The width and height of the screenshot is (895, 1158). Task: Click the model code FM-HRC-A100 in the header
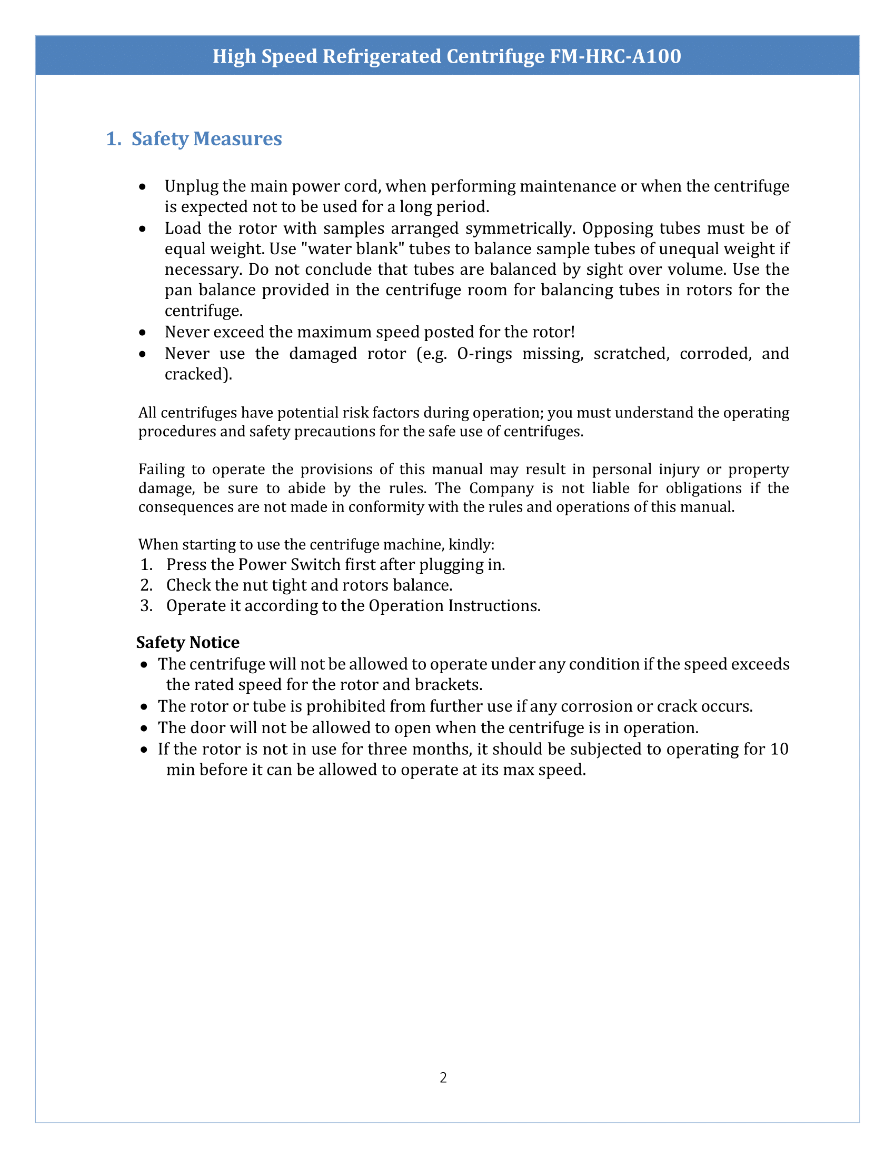(x=615, y=56)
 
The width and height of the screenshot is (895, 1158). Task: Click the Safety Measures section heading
(x=206, y=138)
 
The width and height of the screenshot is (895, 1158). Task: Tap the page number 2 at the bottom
(x=443, y=1077)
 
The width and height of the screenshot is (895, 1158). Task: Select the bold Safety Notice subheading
(x=188, y=642)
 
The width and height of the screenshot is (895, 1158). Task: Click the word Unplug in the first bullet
(x=191, y=186)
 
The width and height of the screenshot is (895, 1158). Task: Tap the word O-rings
(x=484, y=353)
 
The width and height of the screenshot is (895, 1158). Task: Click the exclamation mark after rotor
(x=573, y=332)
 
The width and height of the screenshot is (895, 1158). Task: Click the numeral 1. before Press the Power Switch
(x=146, y=565)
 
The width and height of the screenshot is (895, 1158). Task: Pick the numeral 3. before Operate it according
(x=146, y=605)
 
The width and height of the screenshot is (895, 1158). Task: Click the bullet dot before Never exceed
(x=142, y=333)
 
